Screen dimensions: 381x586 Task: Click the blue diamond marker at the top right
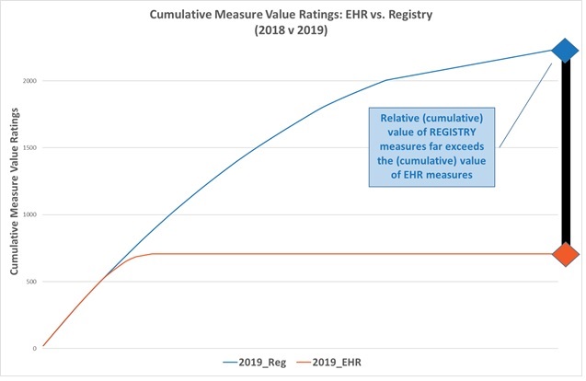tap(562, 51)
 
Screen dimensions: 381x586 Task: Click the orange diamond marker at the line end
tap(563, 253)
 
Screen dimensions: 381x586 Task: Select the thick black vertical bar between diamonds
tap(563, 152)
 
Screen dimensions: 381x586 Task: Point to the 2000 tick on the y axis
tap(30, 81)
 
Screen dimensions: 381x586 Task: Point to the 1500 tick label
tap(30, 148)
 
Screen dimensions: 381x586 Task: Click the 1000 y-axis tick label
tap(30, 214)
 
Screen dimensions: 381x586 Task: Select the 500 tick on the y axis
tap(32, 282)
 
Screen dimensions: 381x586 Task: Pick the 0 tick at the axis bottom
tap(35, 349)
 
